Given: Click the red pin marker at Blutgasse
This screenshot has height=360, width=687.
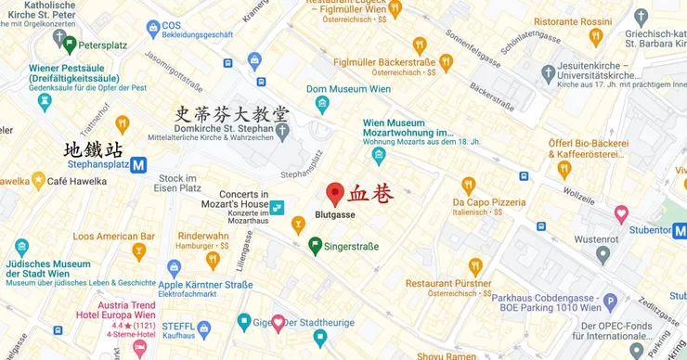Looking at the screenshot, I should (x=335, y=194).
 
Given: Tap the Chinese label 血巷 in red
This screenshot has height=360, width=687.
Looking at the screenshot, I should (x=370, y=195).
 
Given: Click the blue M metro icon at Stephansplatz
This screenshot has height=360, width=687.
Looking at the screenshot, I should (x=139, y=165).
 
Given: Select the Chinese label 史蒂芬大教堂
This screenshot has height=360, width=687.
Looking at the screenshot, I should (x=233, y=114).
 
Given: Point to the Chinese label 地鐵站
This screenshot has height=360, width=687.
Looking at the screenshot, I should (x=93, y=148).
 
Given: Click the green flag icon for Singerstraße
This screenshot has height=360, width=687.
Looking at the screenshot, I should (x=316, y=245).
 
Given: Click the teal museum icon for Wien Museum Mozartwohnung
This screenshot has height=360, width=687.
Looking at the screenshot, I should (x=379, y=156).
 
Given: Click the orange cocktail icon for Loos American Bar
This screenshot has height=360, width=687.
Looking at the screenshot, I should (x=139, y=251).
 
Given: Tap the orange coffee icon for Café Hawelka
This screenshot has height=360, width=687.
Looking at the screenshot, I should (x=38, y=181).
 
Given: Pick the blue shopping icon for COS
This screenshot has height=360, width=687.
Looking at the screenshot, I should (x=153, y=30).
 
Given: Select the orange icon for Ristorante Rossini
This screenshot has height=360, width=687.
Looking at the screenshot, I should (x=596, y=37).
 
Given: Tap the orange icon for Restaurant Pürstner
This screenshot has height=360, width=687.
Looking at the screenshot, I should (x=475, y=267).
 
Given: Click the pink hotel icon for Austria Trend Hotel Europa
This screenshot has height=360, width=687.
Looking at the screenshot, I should (x=139, y=348).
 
